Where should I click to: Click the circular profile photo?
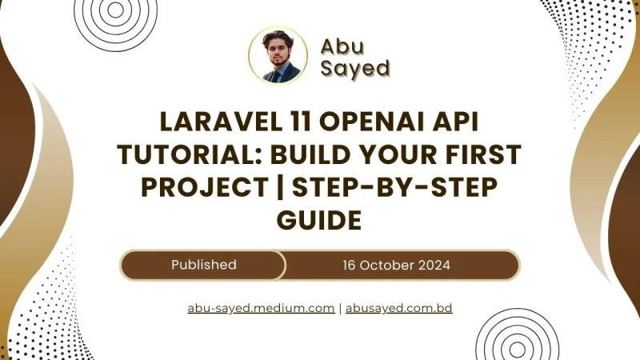tap(278, 55)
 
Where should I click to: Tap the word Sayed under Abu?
tap(354, 68)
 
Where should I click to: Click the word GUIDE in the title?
tap(320, 217)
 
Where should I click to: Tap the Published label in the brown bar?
tap(203, 265)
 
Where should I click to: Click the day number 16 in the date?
tap(349, 265)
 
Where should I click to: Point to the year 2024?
tap(436, 265)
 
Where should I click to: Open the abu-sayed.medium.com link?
tap(261, 308)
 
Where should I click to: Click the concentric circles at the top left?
tap(116, 12)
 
